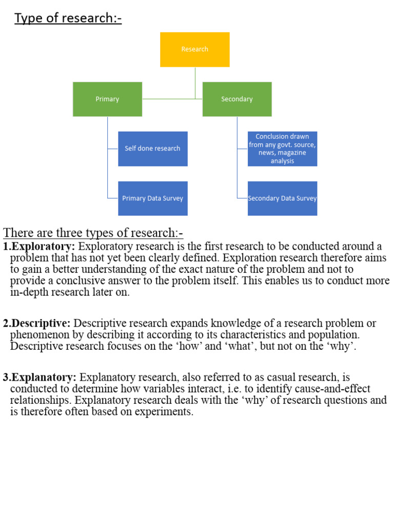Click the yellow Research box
click(x=194, y=49)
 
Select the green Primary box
click(x=107, y=99)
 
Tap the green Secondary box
click(x=237, y=99)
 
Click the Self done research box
click(x=152, y=148)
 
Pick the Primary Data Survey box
click(x=152, y=198)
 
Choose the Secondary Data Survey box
click(x=282, y=198)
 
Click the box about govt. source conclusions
click(x=282, y=148)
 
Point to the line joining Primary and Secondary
click(x=172, y=99)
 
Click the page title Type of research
click(x=68, y=18)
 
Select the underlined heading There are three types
click(x=93, y=233)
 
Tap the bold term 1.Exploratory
click(x=40, y=246)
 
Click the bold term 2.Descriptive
click(x=37, y=323)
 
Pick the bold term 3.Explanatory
click(x=41, y=378)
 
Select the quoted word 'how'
click(x=188, y=346)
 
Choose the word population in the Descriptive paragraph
click(x=334, y=335)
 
